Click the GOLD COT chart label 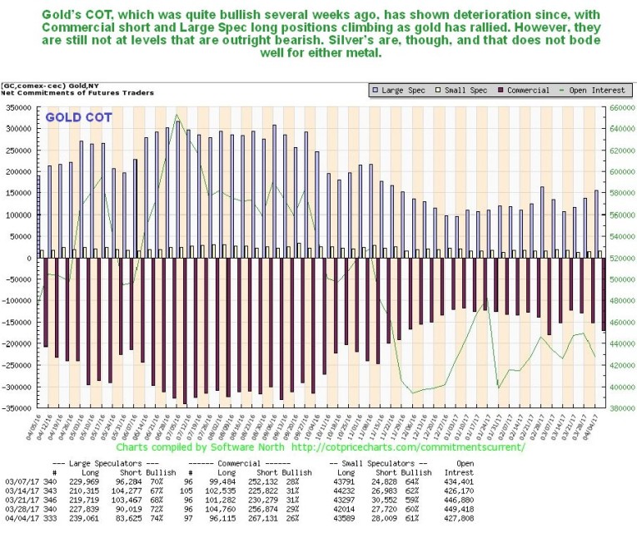(80, 117)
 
